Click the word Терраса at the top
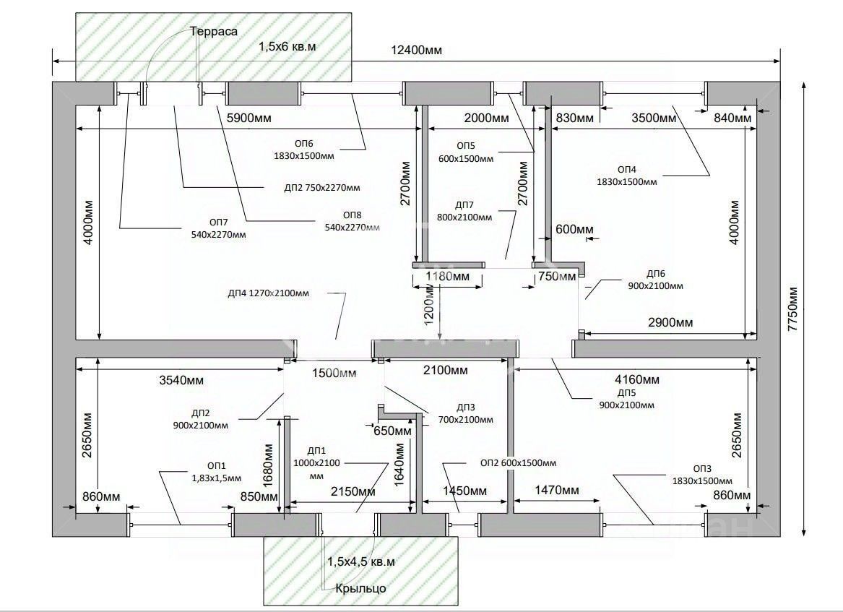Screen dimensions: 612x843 coord(214,31)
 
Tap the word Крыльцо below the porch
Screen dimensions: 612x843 coord(360,588)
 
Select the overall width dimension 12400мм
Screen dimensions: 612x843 coord(416,50)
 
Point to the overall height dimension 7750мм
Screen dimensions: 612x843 coord(792,309)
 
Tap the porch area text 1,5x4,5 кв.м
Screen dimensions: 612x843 coord(360,561)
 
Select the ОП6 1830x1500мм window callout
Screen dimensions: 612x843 coord(303,150)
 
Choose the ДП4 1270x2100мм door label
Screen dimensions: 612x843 coord(268,293)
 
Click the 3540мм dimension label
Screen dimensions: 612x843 coord(179,380)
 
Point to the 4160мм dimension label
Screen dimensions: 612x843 coord(636,379)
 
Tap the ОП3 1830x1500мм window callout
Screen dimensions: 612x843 coord(701,474)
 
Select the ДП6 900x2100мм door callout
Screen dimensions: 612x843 coord(655,280)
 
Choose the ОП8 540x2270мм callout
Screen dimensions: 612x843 coord(352,221)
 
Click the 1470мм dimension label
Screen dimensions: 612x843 coord(556,491)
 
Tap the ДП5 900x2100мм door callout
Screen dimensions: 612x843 coord(626,399)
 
